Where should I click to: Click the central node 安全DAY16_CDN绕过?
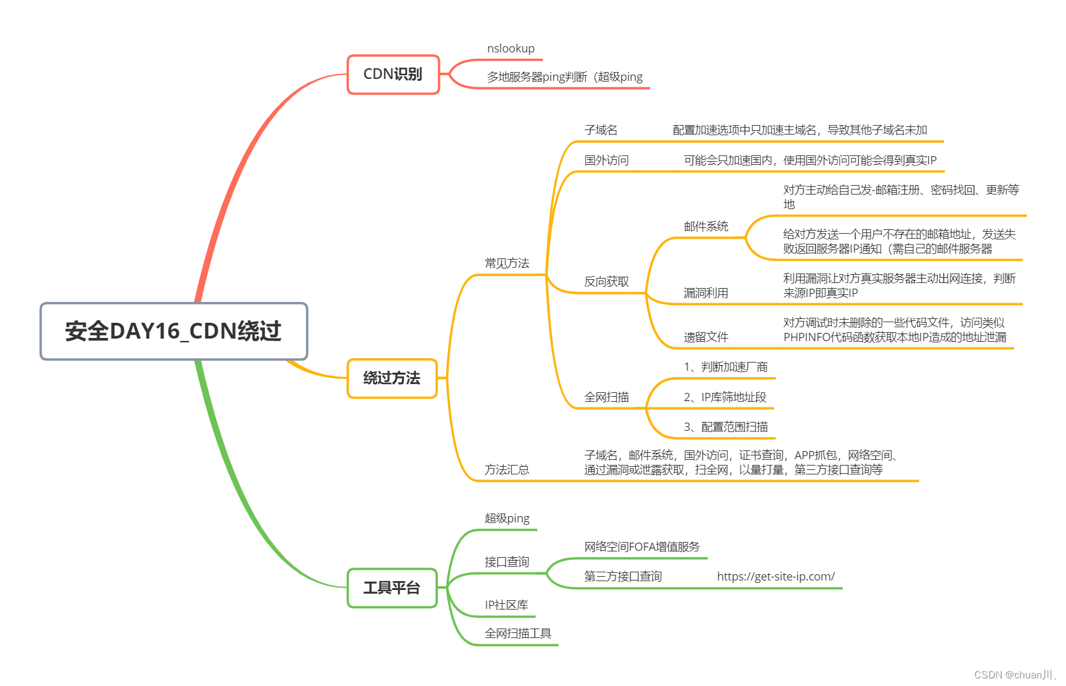(x=173, y=331)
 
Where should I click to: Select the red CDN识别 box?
(x=392, y=75)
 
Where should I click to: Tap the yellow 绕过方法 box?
(x=392, y=378)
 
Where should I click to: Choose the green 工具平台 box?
(x=392, y=588)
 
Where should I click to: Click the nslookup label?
(x=511, y=49)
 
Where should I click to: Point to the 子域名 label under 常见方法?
(x=601, y=130)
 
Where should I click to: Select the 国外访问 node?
(x=606, y=160)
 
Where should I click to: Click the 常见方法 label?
(x=507, y=263)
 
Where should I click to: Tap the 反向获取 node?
(x=606, y=282)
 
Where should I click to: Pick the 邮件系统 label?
(x=706, y=226)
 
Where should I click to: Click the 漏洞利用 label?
(x=706, y=293)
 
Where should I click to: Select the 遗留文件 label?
(x=706, y=337)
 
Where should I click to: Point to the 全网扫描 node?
(x=606, y=397)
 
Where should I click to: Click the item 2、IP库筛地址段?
(x=725, y=397)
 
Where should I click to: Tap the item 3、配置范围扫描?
(x=725, y=427)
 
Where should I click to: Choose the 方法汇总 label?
(x=507, y=470)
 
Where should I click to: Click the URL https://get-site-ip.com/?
(x=775, y=577)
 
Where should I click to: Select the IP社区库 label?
(x=506, y=605)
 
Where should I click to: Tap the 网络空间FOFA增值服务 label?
(x=642, y=547)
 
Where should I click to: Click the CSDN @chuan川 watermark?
(x=1014, y=675)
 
